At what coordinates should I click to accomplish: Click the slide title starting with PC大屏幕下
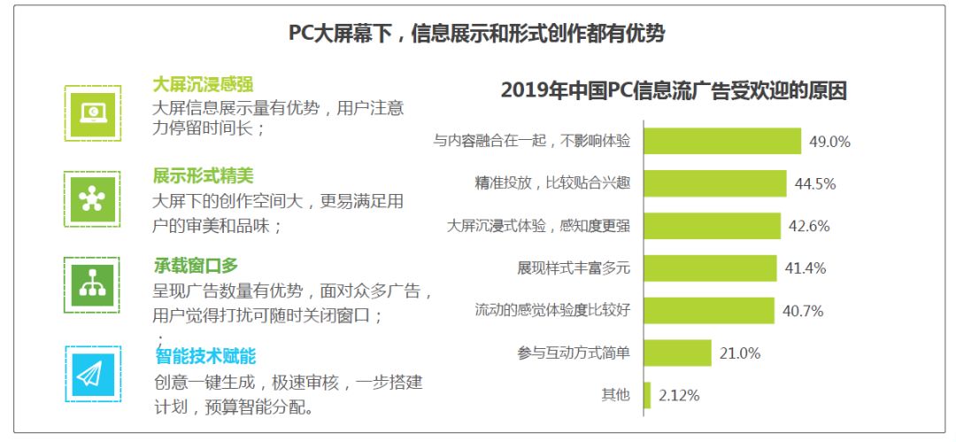(477, 35)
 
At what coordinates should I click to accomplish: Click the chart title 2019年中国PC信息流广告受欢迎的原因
(674, 91)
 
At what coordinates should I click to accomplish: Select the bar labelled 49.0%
(722, 141)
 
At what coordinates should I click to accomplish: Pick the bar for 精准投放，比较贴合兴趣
(715, 183)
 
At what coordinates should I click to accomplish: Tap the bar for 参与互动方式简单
(678, 353)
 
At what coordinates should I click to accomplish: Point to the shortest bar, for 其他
(647, 395)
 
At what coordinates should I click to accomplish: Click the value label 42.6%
(809, 226)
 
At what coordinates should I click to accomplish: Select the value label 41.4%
(806, 268)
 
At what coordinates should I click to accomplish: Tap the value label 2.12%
(679, 396)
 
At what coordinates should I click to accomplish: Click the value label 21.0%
(740, 353)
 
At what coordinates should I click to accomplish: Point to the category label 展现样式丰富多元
(573, 268)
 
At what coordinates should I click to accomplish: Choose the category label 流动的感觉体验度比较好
(552, 310)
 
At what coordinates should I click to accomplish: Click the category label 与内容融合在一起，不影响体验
(531, 141)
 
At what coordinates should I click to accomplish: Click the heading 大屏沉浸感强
(203, 85)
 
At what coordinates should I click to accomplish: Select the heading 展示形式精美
(203, 176)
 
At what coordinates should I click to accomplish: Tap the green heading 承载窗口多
(195, 266)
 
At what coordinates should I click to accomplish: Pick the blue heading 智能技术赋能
(205, 356)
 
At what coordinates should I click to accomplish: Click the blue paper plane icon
(93, 374)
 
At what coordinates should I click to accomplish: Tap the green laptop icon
(93, 113)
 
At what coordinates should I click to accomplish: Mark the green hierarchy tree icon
(93, 285)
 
